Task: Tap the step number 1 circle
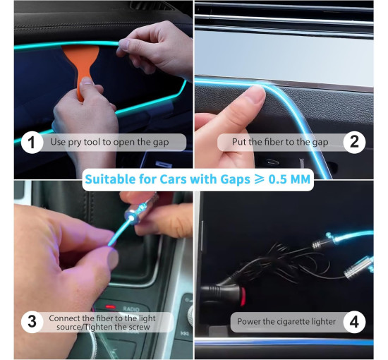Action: click(32, 143)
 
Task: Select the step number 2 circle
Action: click(354, 143)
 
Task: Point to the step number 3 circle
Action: click(32, 322)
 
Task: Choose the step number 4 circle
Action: click(354, 322)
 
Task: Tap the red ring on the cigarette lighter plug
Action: click(243, 296)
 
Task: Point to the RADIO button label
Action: click(131, 308)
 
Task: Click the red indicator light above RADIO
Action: click(110, 307)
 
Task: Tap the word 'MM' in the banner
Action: click(300, 179)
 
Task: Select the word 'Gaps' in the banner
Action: click(235, 180)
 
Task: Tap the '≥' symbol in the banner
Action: click(259, 179)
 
